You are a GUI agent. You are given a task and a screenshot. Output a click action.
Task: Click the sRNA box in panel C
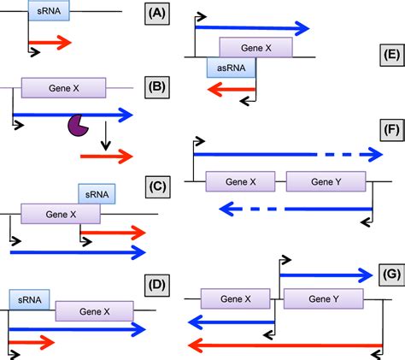[96, 195]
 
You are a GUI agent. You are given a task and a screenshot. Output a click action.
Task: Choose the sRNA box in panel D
[30, 300]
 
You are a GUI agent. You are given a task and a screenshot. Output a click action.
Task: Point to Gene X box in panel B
[63, 87]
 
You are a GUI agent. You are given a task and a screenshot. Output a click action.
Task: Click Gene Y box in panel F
[326, 182]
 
